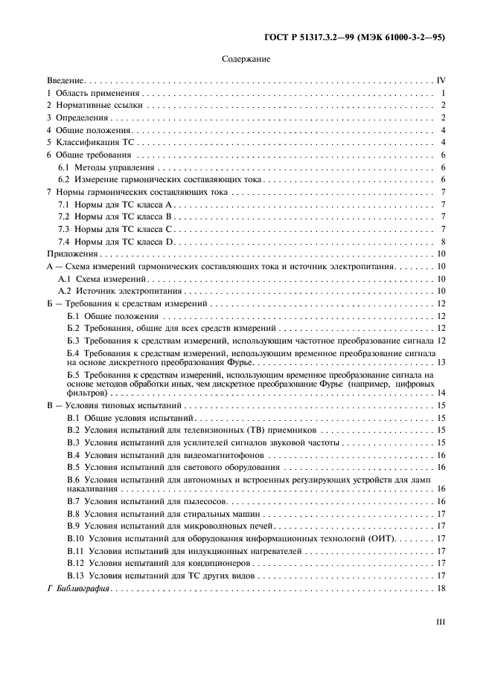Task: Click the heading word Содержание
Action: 246,59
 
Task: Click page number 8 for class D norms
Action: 442,242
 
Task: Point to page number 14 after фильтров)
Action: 441,392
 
